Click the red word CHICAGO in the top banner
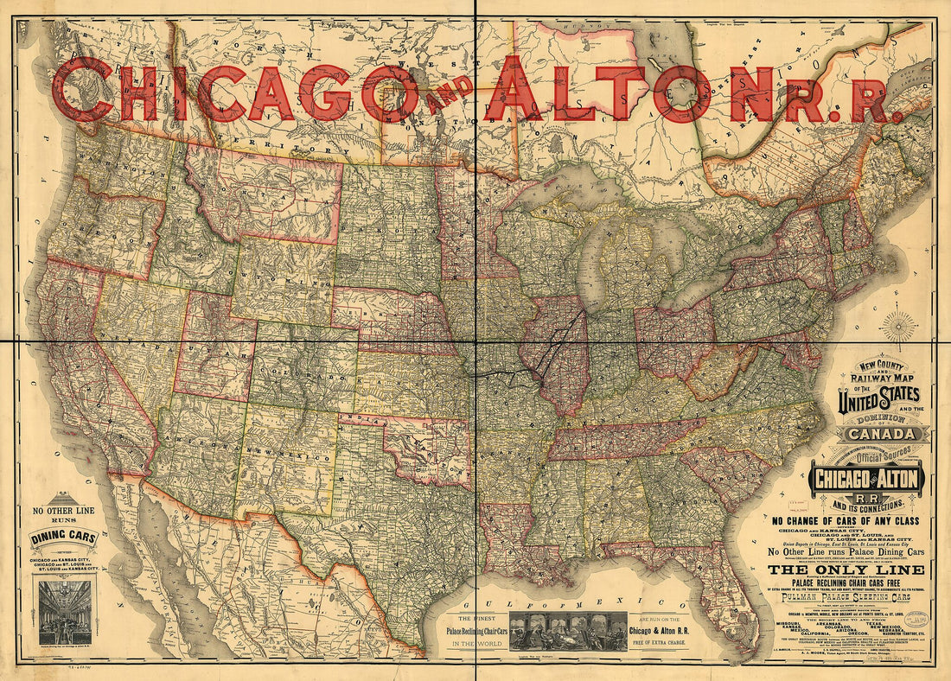[233, 91]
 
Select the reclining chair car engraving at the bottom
[568, 631]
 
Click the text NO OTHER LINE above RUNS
[61, 511]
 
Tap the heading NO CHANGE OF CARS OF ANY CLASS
[852, 521]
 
